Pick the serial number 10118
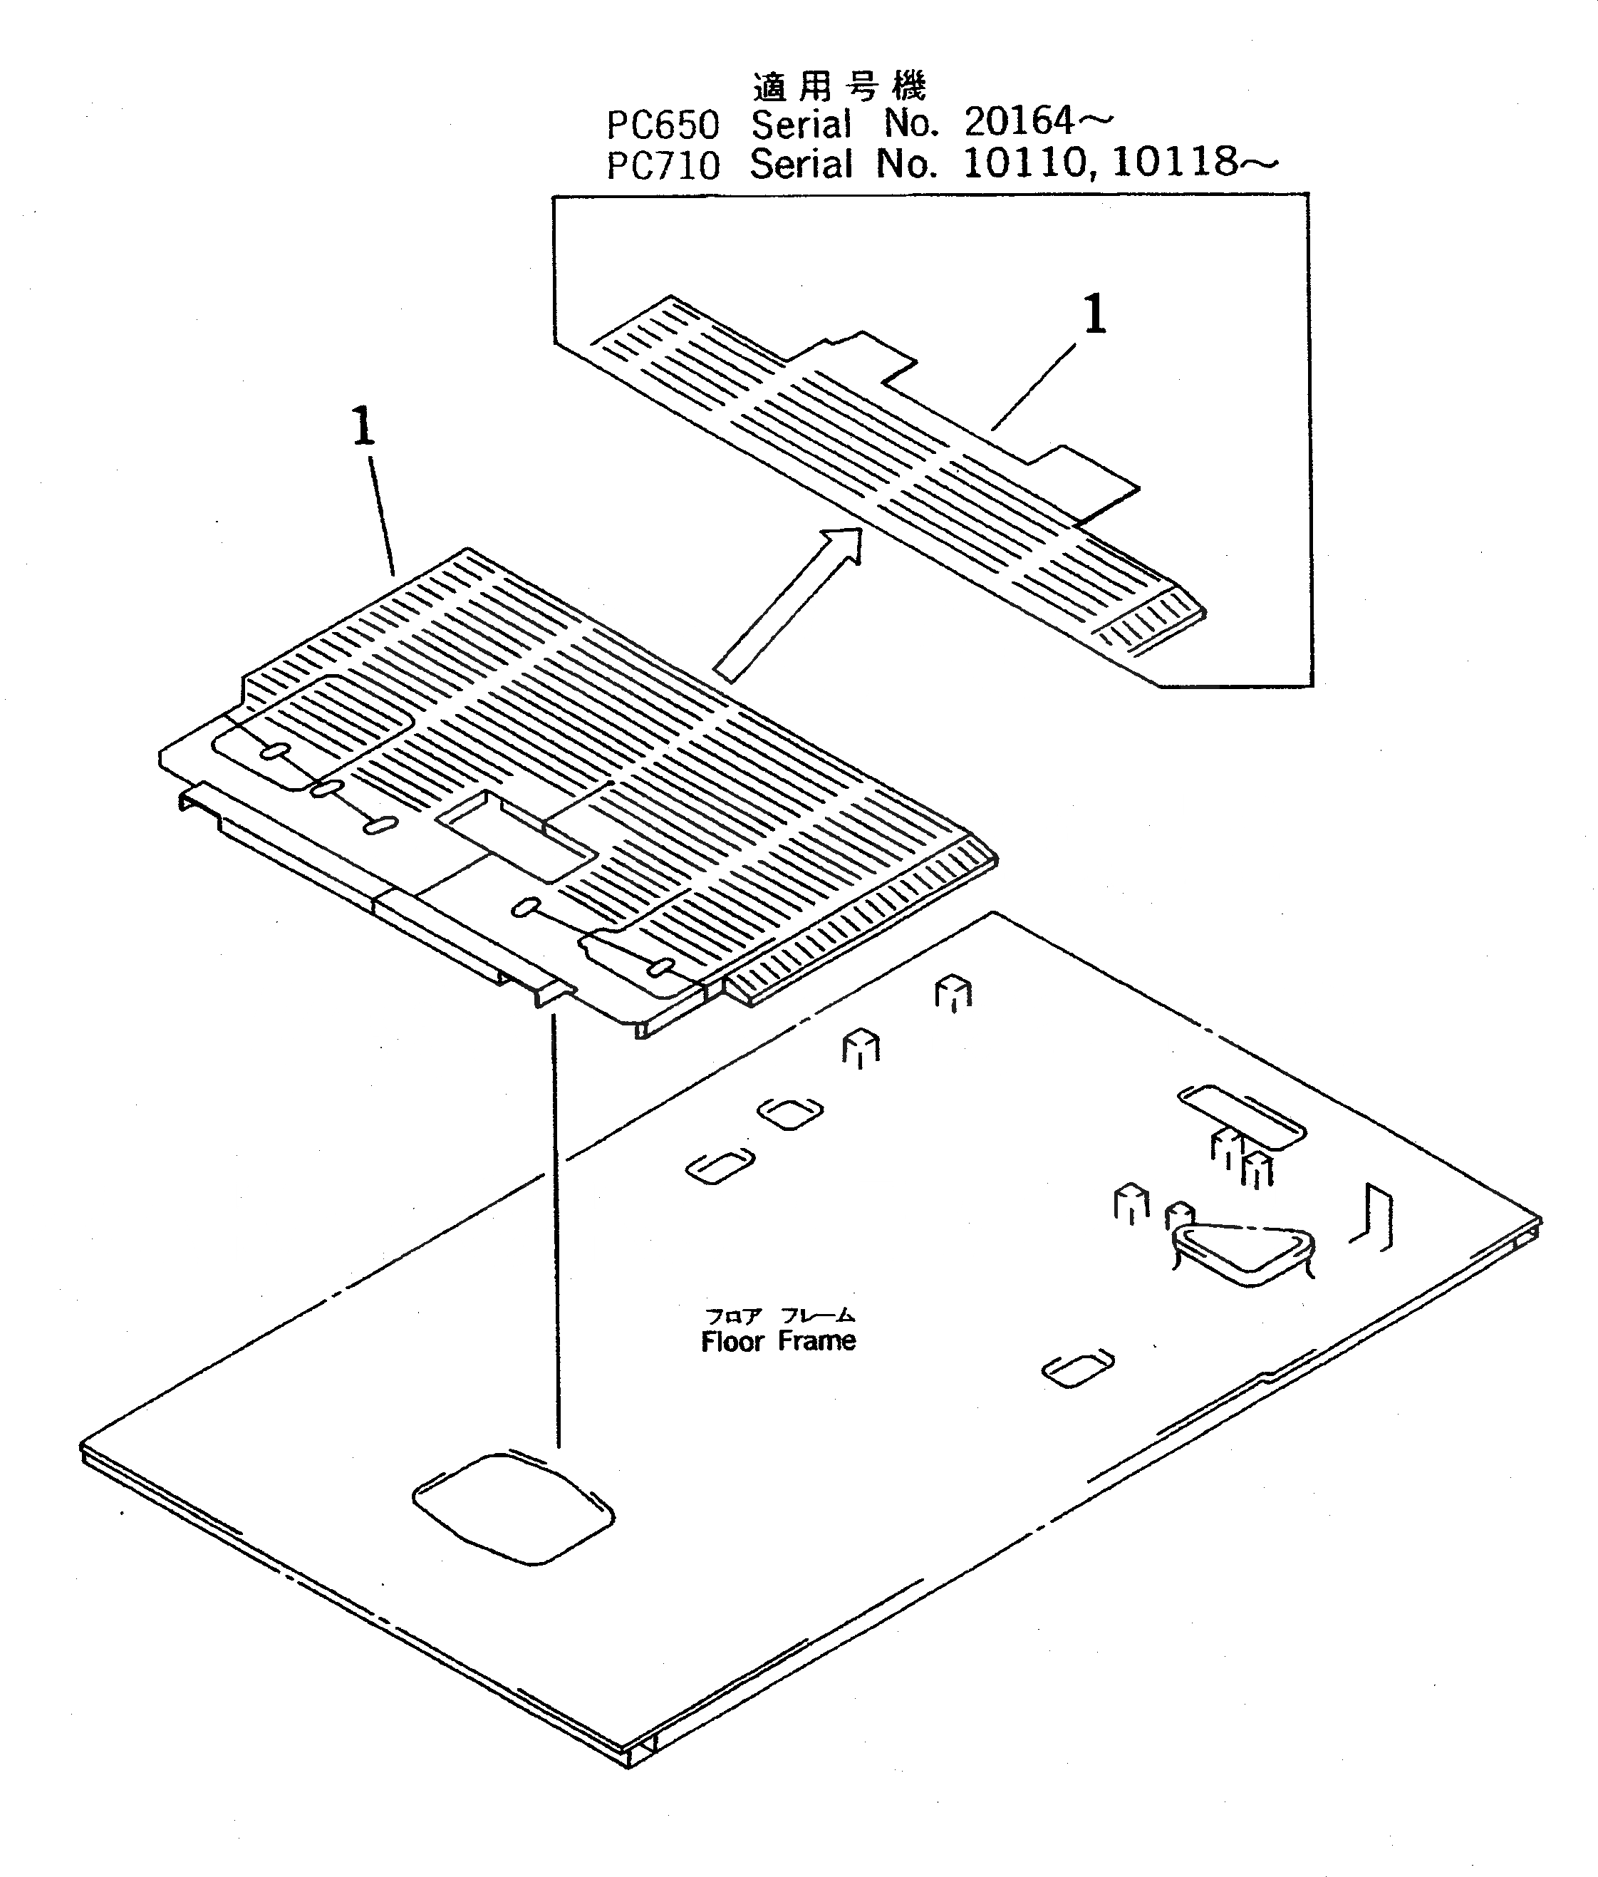(1175, 162)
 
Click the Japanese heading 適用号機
(840, 87)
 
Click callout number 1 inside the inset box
(1094, 314)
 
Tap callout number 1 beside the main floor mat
(363, 427)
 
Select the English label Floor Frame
(778, 1342)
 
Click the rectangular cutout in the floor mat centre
(516, 835)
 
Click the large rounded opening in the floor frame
(513, 1509)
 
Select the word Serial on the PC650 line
(801, 124)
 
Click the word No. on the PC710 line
(906, 165)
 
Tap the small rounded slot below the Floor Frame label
(1077, 1370)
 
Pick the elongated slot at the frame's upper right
(1241, 1113)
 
